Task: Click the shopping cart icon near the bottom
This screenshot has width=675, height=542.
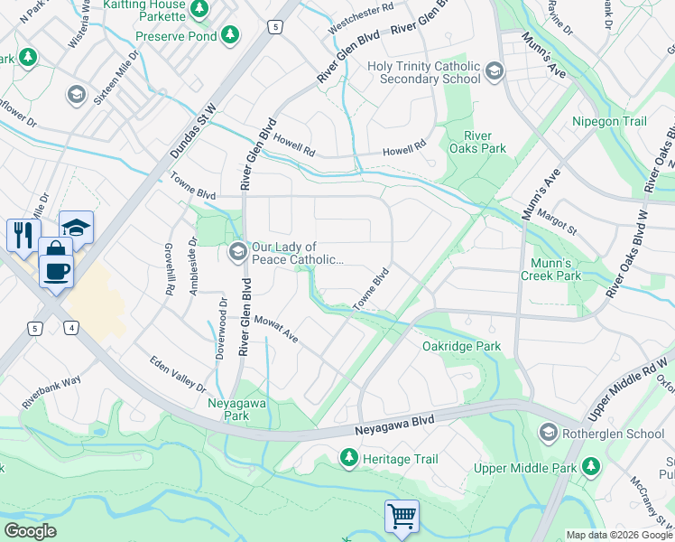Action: [x=402, y=517]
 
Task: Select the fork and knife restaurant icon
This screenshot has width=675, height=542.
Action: [x=23, y=235]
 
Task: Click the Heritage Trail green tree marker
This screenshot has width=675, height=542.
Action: [x=348, y=459]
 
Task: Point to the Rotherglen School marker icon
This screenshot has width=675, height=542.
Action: [x=548, y=434]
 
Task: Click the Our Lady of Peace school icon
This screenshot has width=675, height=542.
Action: [x=238, y=251]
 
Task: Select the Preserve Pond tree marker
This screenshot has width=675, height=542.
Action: [x=231, y=35]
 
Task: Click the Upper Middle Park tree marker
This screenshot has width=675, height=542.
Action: [x=590, y=467]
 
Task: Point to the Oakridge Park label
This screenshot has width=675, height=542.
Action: [x=461, y=346]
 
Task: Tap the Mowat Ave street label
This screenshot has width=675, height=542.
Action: [x=276, y=329]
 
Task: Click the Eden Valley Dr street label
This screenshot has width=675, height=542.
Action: [x=177, y=373]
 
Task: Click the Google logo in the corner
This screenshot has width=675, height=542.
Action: [x=31, y=530]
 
